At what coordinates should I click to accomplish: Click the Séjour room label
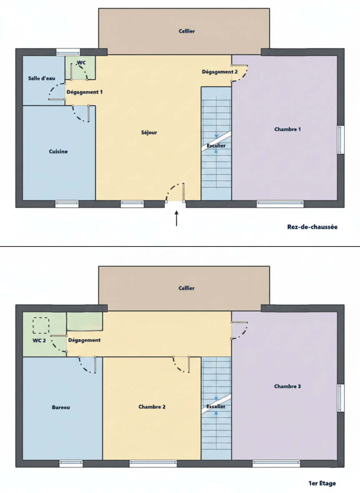click(x=149, y=133)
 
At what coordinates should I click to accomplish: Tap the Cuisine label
click(x=58, y=152)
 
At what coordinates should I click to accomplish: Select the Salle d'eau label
click(x=42, y=78)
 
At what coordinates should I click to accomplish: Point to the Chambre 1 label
click(x=287, y=129)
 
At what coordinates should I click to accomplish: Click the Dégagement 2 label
click(x=220, y=72)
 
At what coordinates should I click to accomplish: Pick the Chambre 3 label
click(x=287, y=386)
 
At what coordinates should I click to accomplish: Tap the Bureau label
click(x=61, y=408)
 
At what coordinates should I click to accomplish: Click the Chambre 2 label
click(x=152, y=407)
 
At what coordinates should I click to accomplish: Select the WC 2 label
click(x=39, y=341)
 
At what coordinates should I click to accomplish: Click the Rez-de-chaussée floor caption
click(x=312, y=227)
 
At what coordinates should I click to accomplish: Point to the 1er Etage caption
click(x=322, y=483)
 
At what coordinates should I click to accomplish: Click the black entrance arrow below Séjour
click(x=177, y=218)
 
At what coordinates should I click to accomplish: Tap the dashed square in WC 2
click(x=41, y=326)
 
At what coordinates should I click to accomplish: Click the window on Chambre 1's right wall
click(x=341, y=139)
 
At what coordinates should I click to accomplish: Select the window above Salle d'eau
click(x=68, y=52)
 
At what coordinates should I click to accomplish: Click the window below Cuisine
click(x=67, y=204)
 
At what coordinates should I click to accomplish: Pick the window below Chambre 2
click(x=153, y=463)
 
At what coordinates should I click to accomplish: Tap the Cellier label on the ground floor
click(x=187, y=31)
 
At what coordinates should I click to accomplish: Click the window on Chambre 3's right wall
click(x=341, y=398)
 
